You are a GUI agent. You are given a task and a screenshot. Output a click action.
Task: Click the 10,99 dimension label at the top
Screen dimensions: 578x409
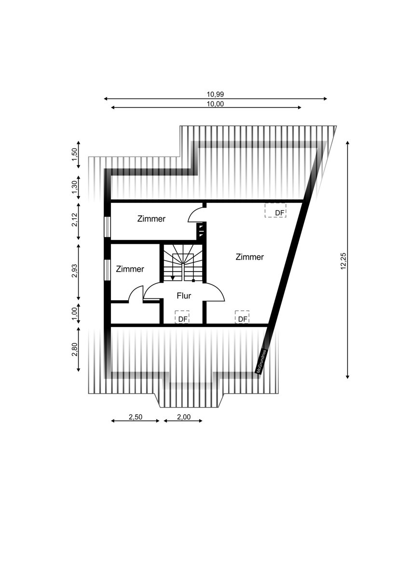coord(216,94)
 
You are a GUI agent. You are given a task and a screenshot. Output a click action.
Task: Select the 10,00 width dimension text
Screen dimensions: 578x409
coord(216,104)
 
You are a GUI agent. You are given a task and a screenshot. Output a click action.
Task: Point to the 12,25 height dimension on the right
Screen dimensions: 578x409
coord(343,260)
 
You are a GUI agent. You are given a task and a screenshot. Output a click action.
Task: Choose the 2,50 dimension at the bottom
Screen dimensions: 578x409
coord(135,417)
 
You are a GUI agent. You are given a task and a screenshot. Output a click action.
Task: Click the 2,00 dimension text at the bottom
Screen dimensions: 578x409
coord(183,417)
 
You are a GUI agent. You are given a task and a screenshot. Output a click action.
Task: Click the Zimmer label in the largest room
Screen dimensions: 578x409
coord(249,257)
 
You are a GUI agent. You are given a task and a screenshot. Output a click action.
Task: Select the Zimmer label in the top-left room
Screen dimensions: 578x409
coord(151,219)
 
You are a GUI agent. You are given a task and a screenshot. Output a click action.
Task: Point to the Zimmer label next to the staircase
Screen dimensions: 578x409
coord(130,269)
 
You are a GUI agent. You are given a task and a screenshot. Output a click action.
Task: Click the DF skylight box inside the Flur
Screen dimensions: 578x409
coord(182,317)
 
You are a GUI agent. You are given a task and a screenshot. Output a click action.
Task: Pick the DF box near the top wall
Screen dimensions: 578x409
coord(275,210)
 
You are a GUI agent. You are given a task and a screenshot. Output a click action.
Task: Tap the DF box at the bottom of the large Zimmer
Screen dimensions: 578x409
coord(242,317)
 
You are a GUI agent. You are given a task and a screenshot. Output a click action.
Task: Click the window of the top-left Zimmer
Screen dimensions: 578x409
coord(107,227)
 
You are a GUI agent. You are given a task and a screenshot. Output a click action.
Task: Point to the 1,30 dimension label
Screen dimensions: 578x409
coord(74,187)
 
